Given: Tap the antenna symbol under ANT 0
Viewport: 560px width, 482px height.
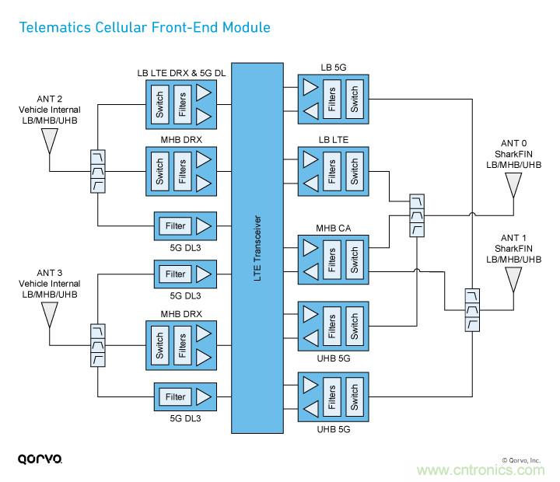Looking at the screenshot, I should (513, 185).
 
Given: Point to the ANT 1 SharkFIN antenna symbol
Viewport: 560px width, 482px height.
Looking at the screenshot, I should (513, 278).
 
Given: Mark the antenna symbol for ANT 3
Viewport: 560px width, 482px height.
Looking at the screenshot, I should (49, 314).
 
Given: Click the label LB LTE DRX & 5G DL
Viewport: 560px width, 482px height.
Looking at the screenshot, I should (180, 73).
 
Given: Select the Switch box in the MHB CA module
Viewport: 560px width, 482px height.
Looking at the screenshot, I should (355, 259).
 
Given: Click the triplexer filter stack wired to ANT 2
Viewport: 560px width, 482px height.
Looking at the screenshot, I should (97, 170).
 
